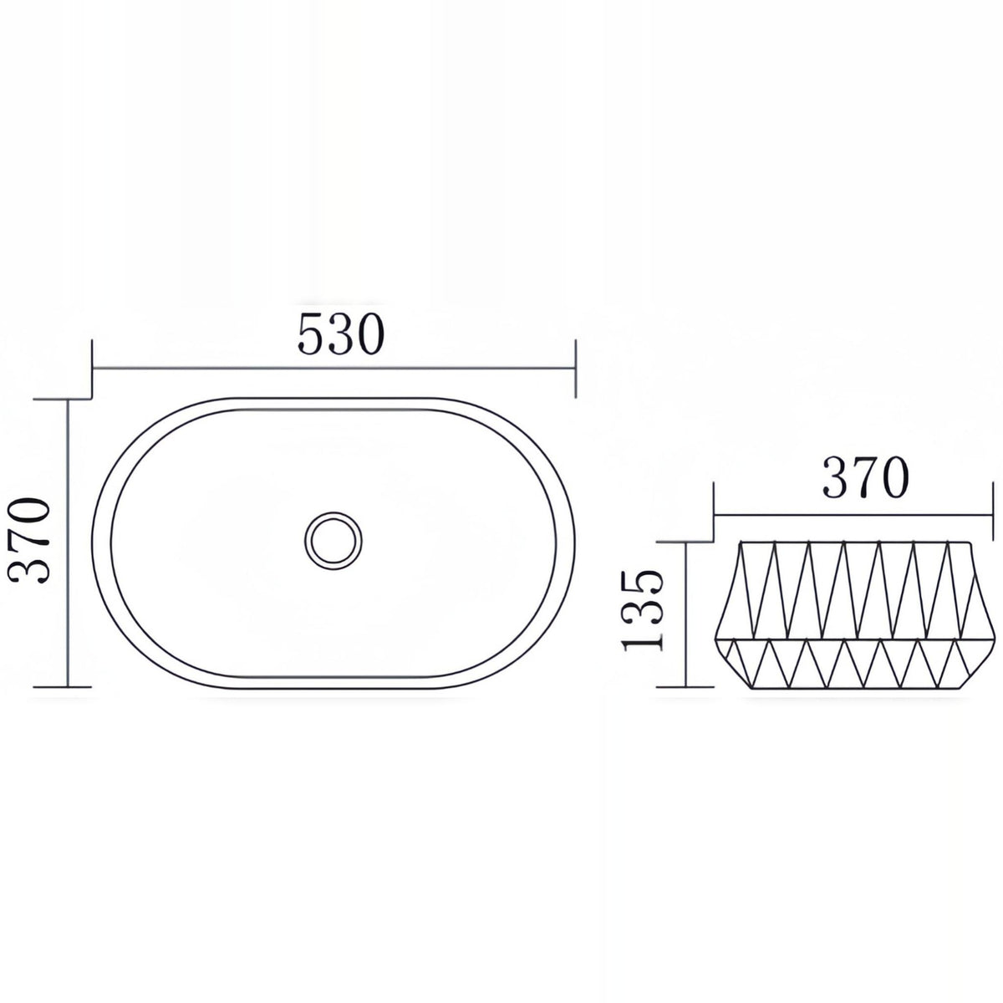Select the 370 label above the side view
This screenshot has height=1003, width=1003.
pos(865,477)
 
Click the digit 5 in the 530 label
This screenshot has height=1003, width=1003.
pos(311,335)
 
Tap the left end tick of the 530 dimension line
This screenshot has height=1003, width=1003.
pos(92,369)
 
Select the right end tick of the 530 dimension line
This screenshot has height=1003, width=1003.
pos(575,369)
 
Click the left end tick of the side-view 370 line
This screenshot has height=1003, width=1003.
pos(714,512)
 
